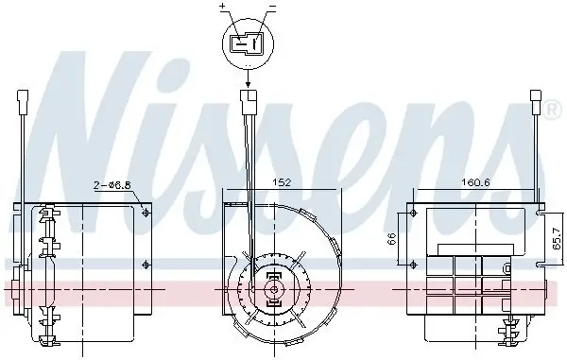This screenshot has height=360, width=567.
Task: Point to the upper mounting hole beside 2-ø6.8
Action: pyautogui.click(x=144, y=214)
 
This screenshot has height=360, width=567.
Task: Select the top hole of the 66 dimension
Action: pyautogui.click(x=412, y=214)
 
